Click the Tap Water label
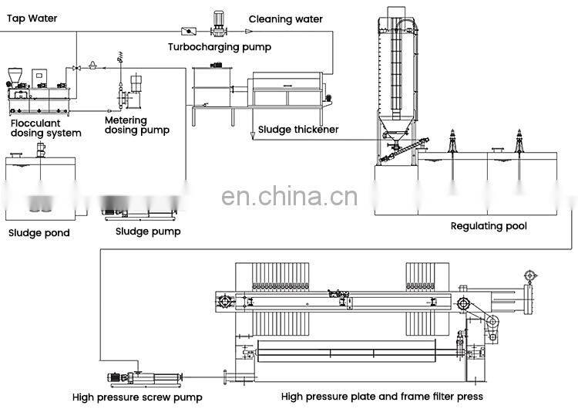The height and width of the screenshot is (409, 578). pos(27,18)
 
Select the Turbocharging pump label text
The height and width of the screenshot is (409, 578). pos(220,47)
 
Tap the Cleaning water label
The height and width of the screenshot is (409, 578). pos(286,19)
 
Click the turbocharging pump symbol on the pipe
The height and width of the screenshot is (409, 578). pos(217,25)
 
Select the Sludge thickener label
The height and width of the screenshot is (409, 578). pos(298,130)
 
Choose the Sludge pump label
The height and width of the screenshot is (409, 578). pos(148,231)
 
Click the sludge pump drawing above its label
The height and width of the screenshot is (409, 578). pos(142,204)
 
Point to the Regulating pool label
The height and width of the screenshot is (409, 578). pos(489,226)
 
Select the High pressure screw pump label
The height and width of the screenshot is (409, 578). pos(137,397)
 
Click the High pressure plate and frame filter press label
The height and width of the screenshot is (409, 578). pos(382,397)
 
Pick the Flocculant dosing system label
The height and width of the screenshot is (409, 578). pos(45,127)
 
